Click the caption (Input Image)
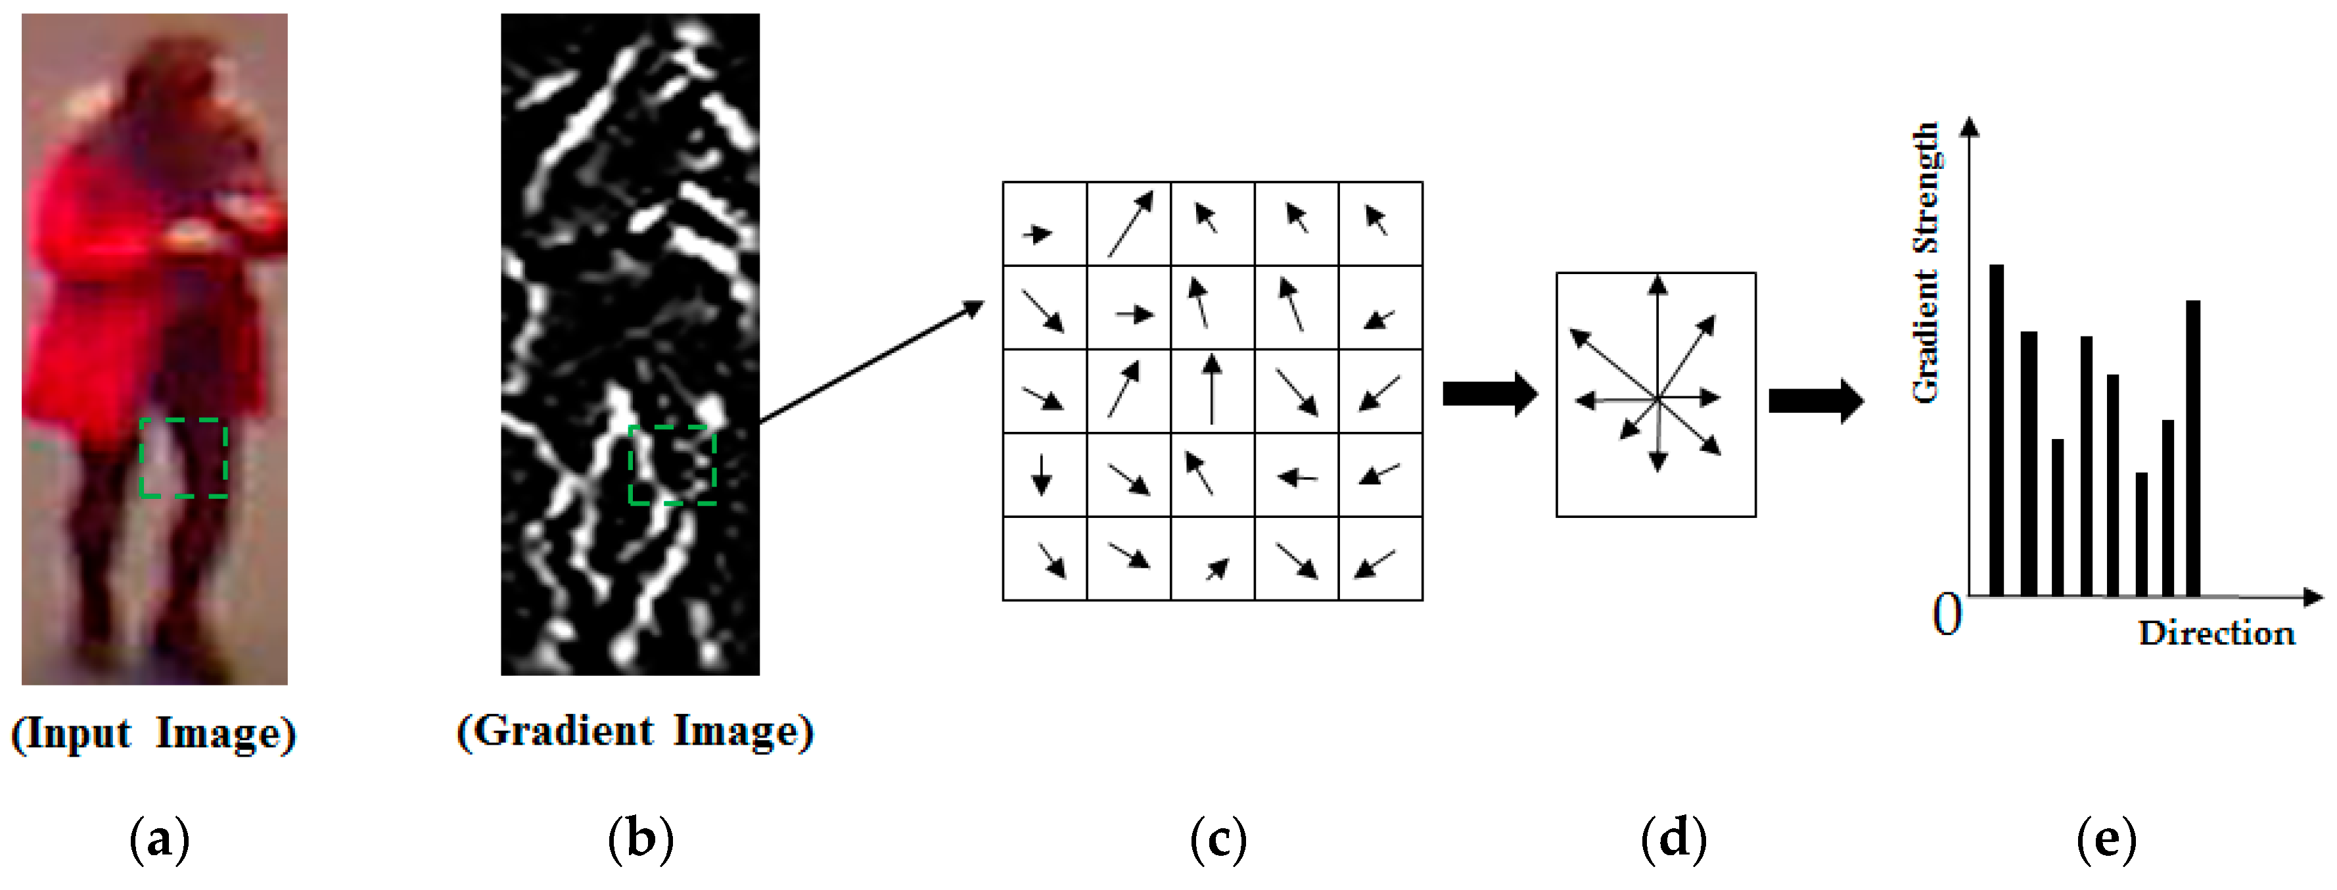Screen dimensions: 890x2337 pos(153,733)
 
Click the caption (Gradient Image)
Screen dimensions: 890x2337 pos(635,731)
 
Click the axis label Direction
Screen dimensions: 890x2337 pos(2216,633)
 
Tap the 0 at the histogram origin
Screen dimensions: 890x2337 pos(1947,615)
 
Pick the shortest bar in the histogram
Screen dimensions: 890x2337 pos(2142,534)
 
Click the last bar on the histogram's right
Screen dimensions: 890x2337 pos(2194,448)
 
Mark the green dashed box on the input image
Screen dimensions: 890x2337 pos(183,457)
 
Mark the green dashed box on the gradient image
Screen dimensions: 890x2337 pos(672,465)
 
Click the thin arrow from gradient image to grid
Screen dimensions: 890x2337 pos(871,363)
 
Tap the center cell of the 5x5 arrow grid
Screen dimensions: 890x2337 pos(1212,391)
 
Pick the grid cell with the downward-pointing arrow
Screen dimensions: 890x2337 pos(1044,475)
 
